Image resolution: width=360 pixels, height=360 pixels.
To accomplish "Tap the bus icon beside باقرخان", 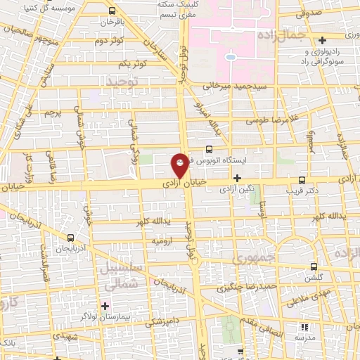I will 112,11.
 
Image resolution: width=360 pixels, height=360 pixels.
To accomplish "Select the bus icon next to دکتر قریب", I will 302,179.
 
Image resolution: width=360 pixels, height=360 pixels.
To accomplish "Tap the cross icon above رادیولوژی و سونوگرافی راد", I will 322,40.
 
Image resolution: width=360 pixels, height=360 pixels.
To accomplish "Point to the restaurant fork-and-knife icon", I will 304,327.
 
